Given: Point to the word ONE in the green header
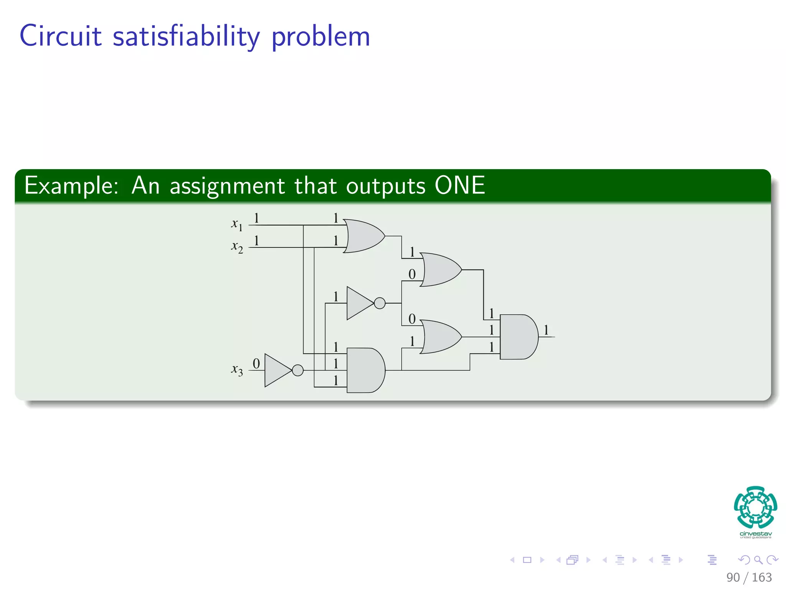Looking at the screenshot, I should coord(460,186).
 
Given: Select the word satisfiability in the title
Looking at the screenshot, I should coord(186,36).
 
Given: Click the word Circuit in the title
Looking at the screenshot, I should coord(61,36).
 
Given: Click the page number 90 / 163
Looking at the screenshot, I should coord(749,577).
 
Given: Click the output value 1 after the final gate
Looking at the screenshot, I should coord(546,330).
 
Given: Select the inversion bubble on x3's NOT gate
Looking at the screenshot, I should coord(298,370).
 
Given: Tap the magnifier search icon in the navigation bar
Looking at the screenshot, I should coord(758,560).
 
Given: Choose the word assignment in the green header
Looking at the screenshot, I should coord(227,186).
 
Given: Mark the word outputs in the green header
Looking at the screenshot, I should coord(386,186).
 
